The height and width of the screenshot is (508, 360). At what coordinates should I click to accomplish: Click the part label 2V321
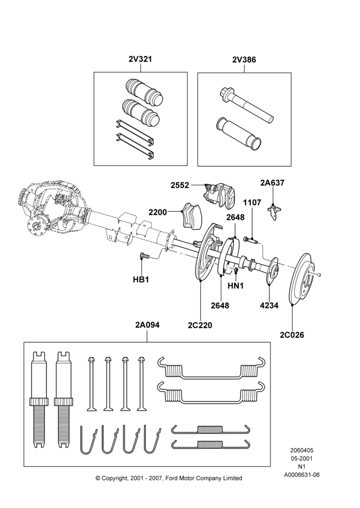140,59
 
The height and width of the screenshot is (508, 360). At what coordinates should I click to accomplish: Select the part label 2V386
244,59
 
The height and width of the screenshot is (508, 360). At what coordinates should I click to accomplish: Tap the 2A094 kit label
147,325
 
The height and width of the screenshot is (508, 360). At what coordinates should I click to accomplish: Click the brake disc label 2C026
292,335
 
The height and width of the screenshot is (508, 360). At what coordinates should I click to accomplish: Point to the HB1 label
141,279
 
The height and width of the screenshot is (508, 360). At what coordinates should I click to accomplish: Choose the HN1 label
235,285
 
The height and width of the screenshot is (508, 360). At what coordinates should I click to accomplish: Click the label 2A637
273,183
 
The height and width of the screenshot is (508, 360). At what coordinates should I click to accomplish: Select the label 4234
269,305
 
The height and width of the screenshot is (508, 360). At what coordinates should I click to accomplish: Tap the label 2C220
200,325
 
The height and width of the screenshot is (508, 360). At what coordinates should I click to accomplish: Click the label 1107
252,203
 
